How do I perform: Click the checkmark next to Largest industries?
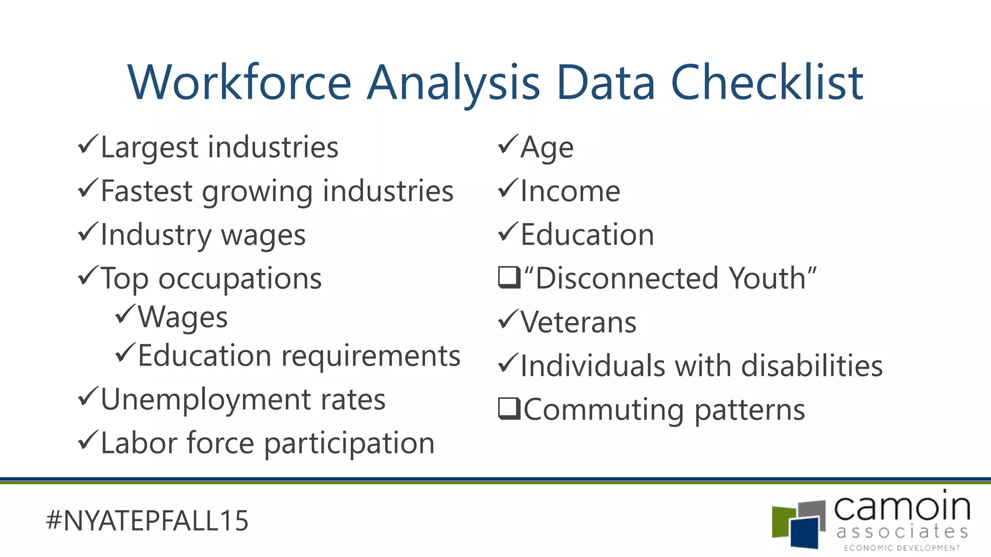click(88, 145)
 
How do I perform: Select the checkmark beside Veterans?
click(508, 320)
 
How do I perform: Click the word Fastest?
click(147, 191)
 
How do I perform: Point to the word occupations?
click(240, 279)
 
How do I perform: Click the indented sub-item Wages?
click(182, 318)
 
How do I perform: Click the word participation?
click(349, 444)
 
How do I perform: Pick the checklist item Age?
click(547, 147)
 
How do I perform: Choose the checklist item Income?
click(570, 191)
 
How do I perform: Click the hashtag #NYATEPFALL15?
click(147, 521)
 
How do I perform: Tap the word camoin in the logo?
click(901, 508)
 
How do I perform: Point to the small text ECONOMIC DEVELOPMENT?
click(902, 548)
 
